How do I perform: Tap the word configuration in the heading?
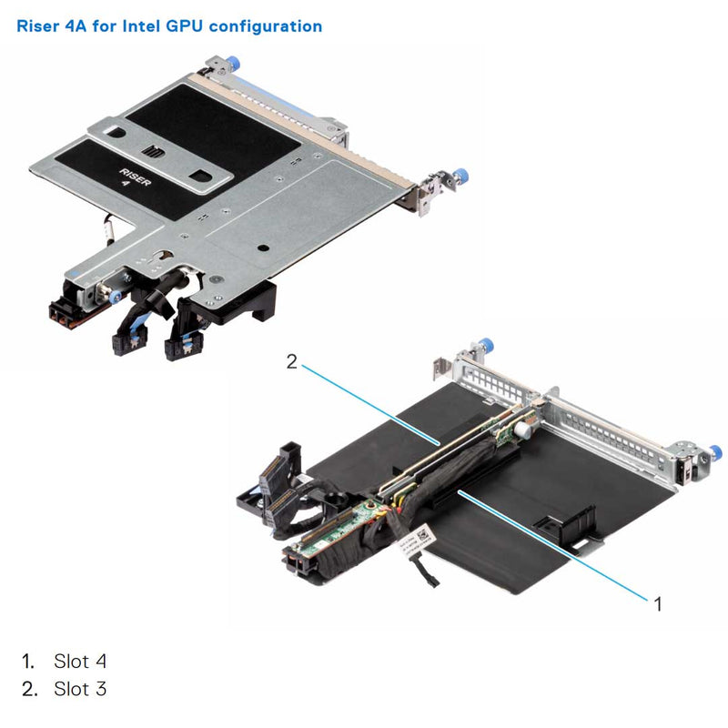tap(266, 25)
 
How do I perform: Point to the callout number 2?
tap(291, 362)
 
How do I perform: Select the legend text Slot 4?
tap(80, 661)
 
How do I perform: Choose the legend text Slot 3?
tap(80, 689)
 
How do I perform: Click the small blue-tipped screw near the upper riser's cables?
tap(113, 297)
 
